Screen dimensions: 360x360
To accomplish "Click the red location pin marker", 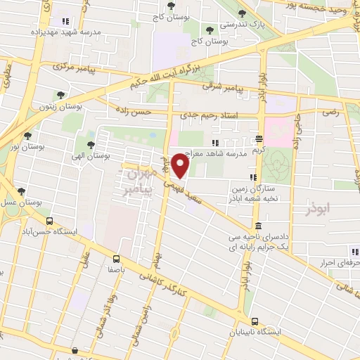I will coord(181,167).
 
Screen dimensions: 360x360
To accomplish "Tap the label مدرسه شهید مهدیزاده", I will coord(65,32).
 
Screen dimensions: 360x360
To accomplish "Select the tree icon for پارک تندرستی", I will coord(243,13).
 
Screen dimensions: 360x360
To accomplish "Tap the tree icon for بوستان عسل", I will coord(21,191).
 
